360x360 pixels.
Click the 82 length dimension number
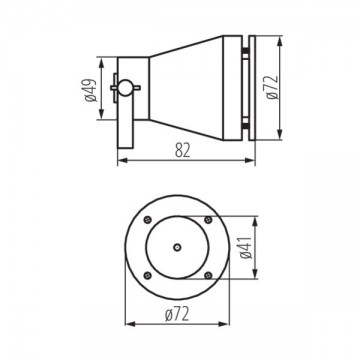pyautogui.click(x=181, y=150)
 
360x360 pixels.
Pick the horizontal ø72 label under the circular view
pyautogui.click(x=179, y=316)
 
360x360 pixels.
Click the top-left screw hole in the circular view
pyautogui.click(x=148, y=219)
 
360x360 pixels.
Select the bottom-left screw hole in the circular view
pyautogui.click(x=148, y=274)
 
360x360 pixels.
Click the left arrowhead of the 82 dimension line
pyautogui.click(x=121, y=160)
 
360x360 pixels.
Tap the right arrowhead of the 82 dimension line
pyautogui.click(x=254, y=160)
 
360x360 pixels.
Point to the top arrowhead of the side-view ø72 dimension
pyautogui.click(x=289, y=40)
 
